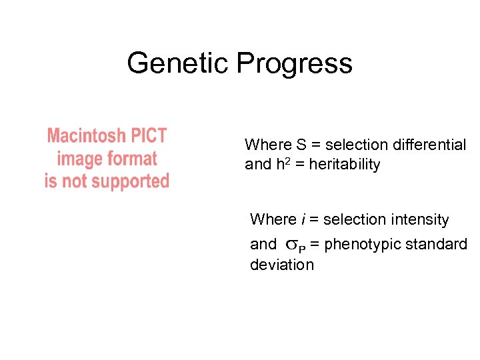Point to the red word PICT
[145, 136]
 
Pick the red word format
[131, 159]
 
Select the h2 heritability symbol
[283, 164]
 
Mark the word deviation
[281, 265]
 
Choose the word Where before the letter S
[268, 145]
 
